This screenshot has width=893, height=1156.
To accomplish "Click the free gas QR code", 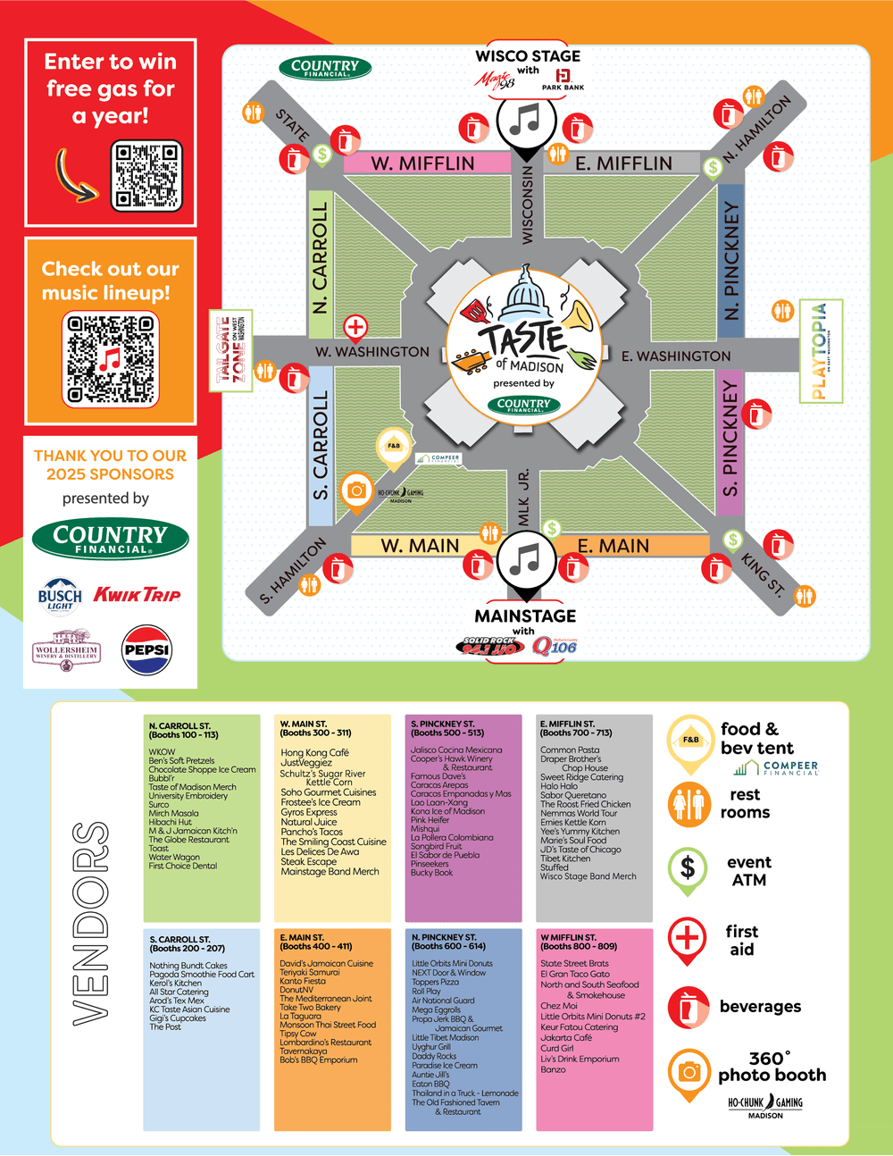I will (146, 176).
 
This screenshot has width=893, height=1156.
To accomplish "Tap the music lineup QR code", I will (111, 358).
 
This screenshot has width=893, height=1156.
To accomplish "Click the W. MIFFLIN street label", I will (422, 163).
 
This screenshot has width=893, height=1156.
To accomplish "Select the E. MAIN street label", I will (613, 546).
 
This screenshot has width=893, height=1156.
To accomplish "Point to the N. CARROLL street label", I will (320, 257).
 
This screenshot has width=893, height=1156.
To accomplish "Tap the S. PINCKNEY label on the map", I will (730, 439).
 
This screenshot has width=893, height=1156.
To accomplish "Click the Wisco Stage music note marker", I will (527, 120).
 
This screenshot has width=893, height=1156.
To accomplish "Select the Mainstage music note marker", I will (526, 560).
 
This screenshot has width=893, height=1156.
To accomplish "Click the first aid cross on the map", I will (355, 327).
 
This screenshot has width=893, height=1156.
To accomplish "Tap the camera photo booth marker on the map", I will (356, 490).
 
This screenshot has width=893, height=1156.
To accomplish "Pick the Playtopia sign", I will (820, 351).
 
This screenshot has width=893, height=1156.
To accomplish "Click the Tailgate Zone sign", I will (230, 350).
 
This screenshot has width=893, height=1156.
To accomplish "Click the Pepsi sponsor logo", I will (146, 650).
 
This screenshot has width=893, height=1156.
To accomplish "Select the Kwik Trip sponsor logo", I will (138, 595).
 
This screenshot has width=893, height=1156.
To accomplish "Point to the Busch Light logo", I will (60, 595).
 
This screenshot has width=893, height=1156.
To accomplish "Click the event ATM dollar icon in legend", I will (688, 867).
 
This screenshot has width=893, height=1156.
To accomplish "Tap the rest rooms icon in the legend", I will (689, 802).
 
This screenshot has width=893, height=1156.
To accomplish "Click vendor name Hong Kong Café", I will (314, 752).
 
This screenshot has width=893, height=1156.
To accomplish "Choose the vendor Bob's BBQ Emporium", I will (318, 1060).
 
